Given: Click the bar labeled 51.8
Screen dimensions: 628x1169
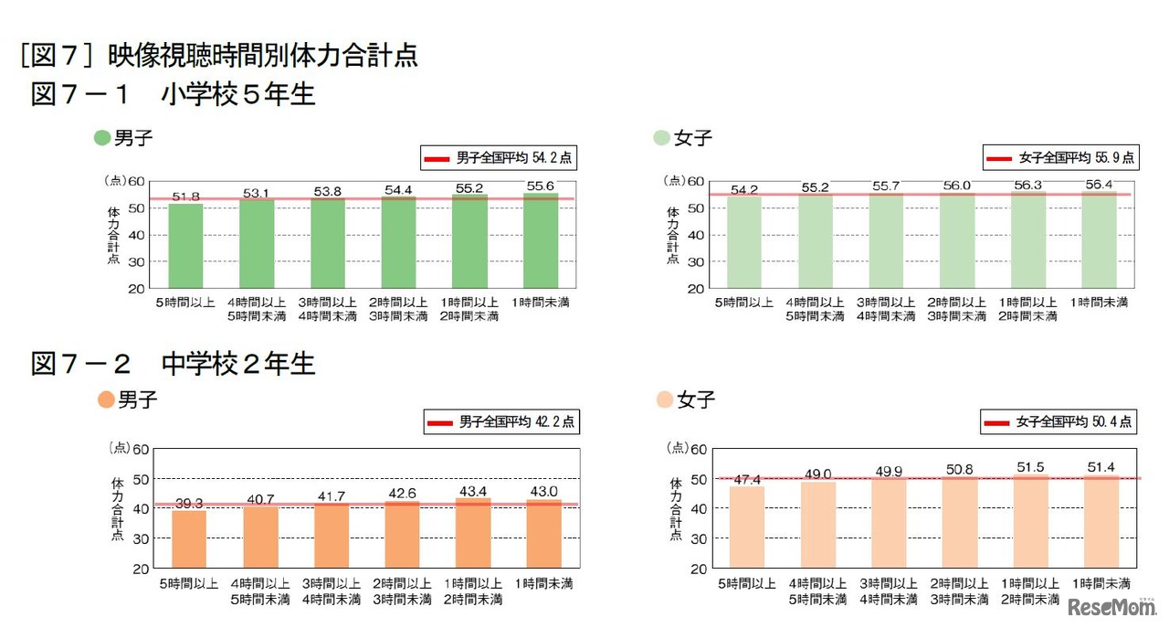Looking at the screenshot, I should [x=185, y=245].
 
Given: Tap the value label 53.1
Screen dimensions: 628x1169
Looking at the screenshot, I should [x=257, y=193].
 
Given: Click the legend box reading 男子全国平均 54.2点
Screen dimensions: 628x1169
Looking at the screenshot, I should [x=500, y=158].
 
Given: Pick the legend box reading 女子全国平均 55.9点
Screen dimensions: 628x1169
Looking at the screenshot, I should [x=1059, y=158].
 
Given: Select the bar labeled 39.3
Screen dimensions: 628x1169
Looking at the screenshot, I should [x=189, y=538].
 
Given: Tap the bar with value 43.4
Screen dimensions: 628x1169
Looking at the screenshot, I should [x=473, y=532].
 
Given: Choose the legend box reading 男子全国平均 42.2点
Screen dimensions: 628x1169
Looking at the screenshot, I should [x=501, y=422].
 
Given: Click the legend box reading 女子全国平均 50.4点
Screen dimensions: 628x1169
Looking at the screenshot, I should [x=1058, y=422].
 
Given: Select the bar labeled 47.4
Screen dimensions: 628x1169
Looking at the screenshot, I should [x=746, y=527].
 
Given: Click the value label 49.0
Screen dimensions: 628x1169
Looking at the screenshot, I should [x=818, y=474].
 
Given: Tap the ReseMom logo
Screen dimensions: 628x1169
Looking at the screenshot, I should [x=1111, y=606].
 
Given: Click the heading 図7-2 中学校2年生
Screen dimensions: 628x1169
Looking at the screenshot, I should [x=174, y=364].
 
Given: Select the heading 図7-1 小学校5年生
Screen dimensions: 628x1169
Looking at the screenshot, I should [x=174, y=94].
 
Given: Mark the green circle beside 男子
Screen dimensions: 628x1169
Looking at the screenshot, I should [x=102, y=138].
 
